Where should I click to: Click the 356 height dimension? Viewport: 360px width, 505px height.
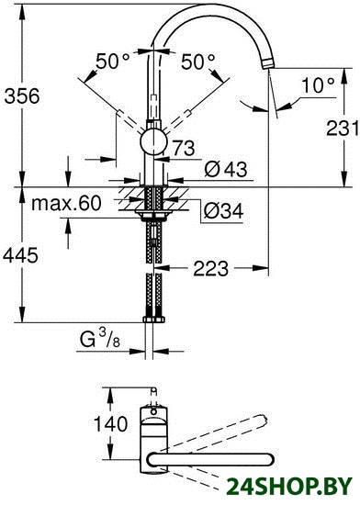pos(22,96)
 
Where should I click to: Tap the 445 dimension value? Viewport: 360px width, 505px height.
pos(20,256)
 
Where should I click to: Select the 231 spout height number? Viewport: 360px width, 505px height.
pos(342,128)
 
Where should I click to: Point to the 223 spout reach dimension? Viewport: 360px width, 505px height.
pos(211,268)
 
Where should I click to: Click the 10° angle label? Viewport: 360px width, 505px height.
pos(318,85)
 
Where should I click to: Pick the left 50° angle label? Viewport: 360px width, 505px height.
pos(113,62)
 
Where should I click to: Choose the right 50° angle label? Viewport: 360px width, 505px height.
pos(197,62)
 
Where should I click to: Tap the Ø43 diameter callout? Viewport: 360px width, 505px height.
pos(226,168)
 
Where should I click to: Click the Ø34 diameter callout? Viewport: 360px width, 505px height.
pos(223,210)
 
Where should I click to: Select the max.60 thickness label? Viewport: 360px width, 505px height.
pos(66,203)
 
